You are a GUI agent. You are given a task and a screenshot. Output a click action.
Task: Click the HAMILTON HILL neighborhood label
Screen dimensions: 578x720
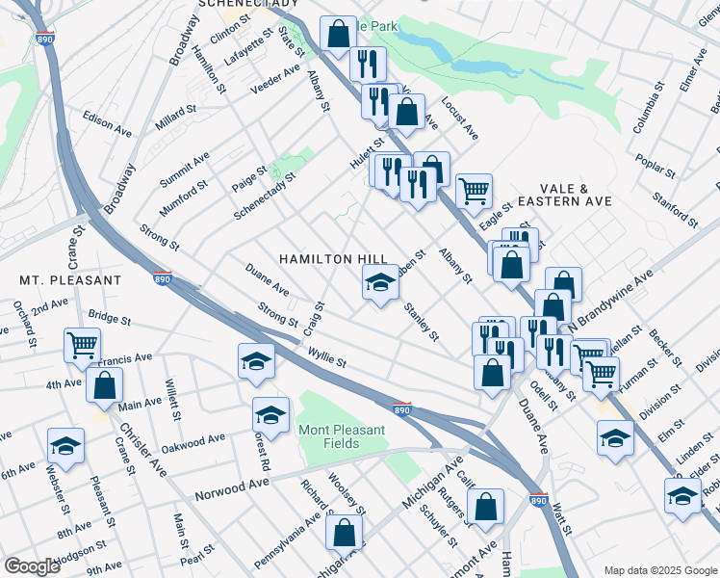click(x=333, y=260)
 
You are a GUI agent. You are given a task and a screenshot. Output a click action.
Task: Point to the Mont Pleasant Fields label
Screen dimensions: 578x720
click(x=341, y=436)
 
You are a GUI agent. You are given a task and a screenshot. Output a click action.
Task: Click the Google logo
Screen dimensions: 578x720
click(x=33, y=566)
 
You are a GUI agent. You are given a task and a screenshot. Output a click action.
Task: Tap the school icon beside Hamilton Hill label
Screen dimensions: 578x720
click(x=380, y=283)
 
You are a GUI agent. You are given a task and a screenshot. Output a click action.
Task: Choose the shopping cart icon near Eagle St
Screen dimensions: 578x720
click(x=474, y=191)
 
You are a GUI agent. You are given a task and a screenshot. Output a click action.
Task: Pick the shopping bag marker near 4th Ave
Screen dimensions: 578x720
click(x=104, y=385)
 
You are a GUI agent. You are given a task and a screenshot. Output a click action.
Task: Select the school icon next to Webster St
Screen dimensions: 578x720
click(x=65, y=444)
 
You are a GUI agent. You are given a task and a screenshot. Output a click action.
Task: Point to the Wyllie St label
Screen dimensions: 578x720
click(x=327, y=358)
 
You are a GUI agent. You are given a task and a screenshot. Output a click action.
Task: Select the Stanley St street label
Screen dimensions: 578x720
click(x=422, y=323)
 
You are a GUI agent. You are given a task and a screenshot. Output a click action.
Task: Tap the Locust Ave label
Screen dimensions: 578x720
click(x=460, y=118)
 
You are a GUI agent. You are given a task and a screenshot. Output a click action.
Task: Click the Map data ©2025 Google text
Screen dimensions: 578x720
click(x=660, y=569)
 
